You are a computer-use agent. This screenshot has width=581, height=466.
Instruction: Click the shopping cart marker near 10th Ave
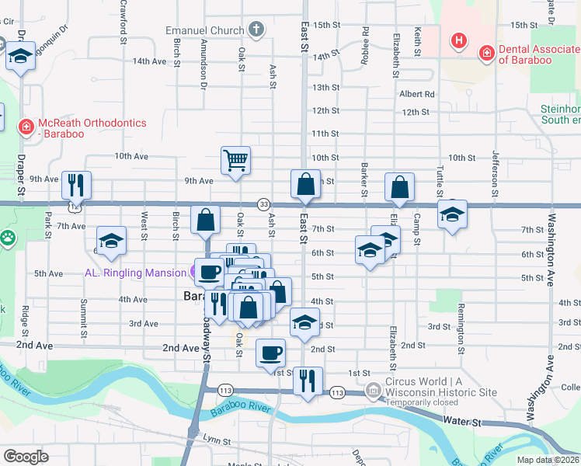pyautogui.click(x=235, y=161)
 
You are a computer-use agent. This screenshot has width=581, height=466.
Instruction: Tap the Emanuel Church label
pyautogui.click(x=205, y=31)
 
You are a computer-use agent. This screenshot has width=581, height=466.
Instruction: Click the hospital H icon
pyautogui.click(x=459, y=40)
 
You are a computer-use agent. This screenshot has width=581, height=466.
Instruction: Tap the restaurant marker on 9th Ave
pyautogui.click(x=76, y=184)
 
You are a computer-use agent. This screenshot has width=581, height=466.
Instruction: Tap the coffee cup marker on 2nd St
pyautogui.click(x=271, y=353)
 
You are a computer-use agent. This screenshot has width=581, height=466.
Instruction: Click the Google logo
pyautogui.click(x=26, y=456)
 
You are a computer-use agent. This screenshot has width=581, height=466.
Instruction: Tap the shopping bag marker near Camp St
pyautogui.click(x=399, y=186)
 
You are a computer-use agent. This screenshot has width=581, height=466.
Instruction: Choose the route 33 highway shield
pyautogui.click(x=264, y=203)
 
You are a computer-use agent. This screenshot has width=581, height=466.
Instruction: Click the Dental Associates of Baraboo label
pyautogui.click(x=537, y=54)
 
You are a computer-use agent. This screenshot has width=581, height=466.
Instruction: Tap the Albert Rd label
pyautogui.click(x=416, y=94)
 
